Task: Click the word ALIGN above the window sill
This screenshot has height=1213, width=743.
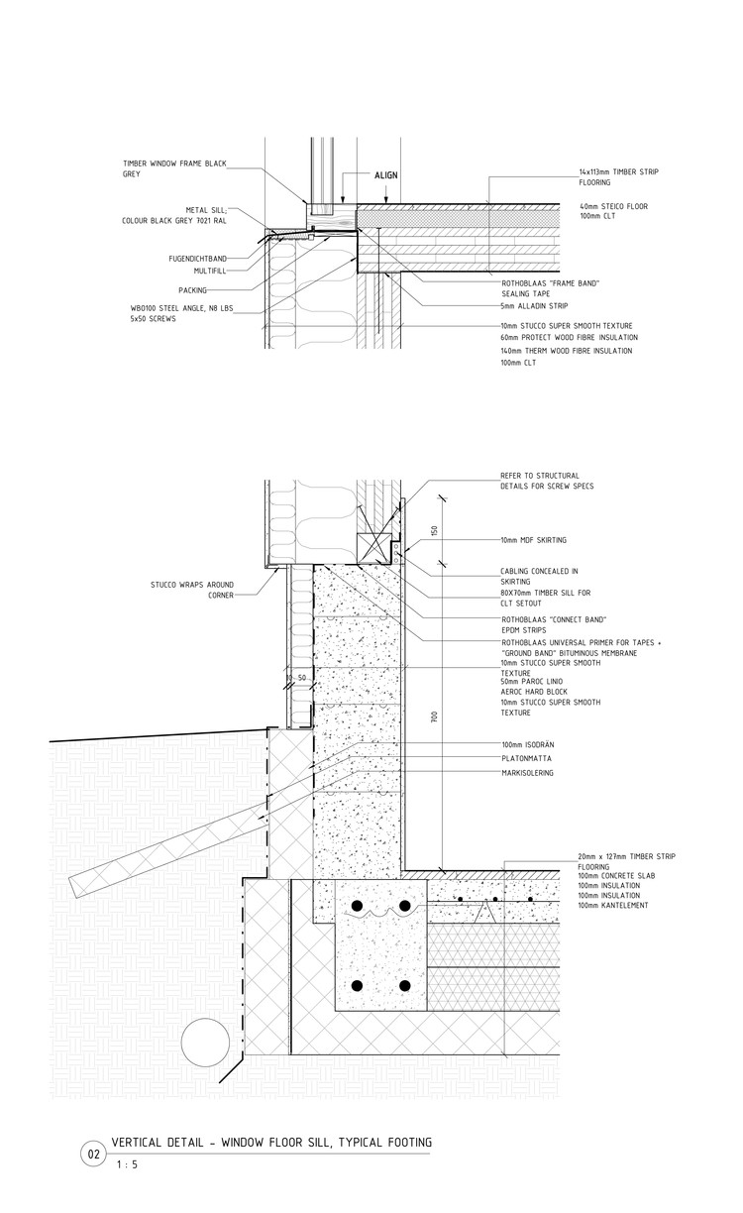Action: [385, 175]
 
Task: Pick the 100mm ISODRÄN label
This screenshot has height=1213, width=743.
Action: [530, 744]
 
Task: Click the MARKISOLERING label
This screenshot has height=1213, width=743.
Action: [528, 772]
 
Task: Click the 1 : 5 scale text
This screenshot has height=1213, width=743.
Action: [127, 1165]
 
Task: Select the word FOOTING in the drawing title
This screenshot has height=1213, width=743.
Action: [401, 1143]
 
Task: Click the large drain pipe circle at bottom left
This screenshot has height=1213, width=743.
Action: [205, 1043]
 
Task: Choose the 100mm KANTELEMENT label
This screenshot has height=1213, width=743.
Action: [613, 906]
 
